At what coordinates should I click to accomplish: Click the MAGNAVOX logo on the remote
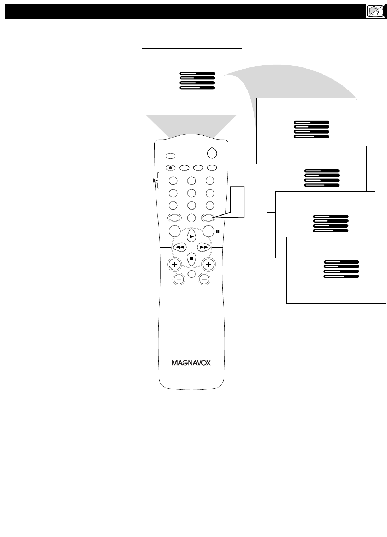pyautogui.click(x=191, y=363)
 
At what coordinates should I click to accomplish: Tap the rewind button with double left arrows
pyautogui.click(x=180, y=247)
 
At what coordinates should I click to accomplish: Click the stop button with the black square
pyautogui.click(x=191, y=258)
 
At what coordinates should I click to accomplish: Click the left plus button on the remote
pyautogui.click(x=174, y=264)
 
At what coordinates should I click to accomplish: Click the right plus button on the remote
pyautogui.click(x=208, y=264)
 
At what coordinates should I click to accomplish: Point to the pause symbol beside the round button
pyautogui.click(x=218, y=232)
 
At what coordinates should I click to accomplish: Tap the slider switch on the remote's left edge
pyautogui.click(x=154, y=181)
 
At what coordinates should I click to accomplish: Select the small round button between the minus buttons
pyautogui.click(x=191, y=273)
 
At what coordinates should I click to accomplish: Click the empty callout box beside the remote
pyautogui.click(x=237, y=201)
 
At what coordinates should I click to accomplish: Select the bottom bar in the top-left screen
pyautogui.click(x=197, y=88)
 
